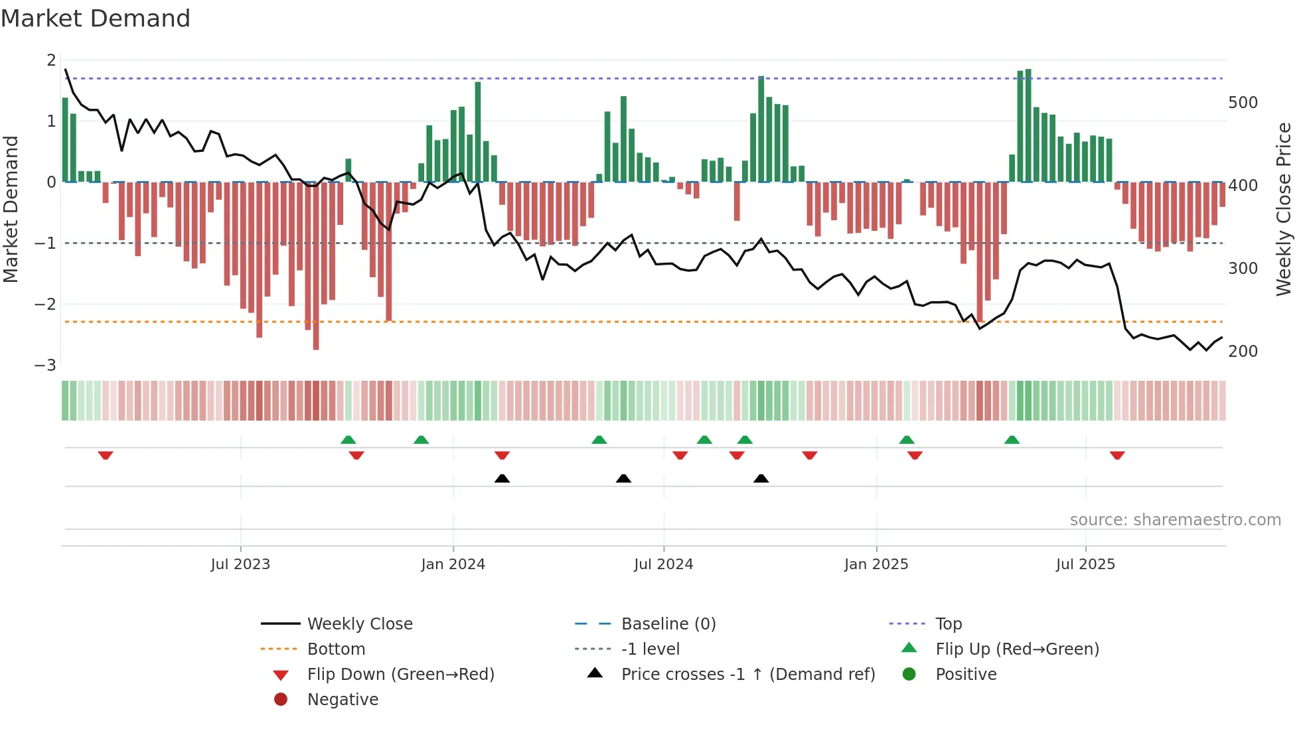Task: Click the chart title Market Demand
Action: [96, 19]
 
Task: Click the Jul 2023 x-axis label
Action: [240, 565]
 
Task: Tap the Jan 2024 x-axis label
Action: [453, 565]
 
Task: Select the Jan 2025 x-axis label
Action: [876, 565]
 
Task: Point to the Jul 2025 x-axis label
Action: [1085, 565]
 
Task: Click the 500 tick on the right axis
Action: [1243, 103]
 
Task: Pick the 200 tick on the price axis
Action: [1243, 352]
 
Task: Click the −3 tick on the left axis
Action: [46, 365]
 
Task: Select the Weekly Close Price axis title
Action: [1284, 209]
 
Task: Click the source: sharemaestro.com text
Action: [1175, 520]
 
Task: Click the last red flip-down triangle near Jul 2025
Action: [1117, 456]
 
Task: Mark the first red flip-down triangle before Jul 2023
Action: [106, 456]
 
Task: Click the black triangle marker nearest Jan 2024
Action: [502, 478]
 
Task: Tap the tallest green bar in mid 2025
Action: [1028, 126]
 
